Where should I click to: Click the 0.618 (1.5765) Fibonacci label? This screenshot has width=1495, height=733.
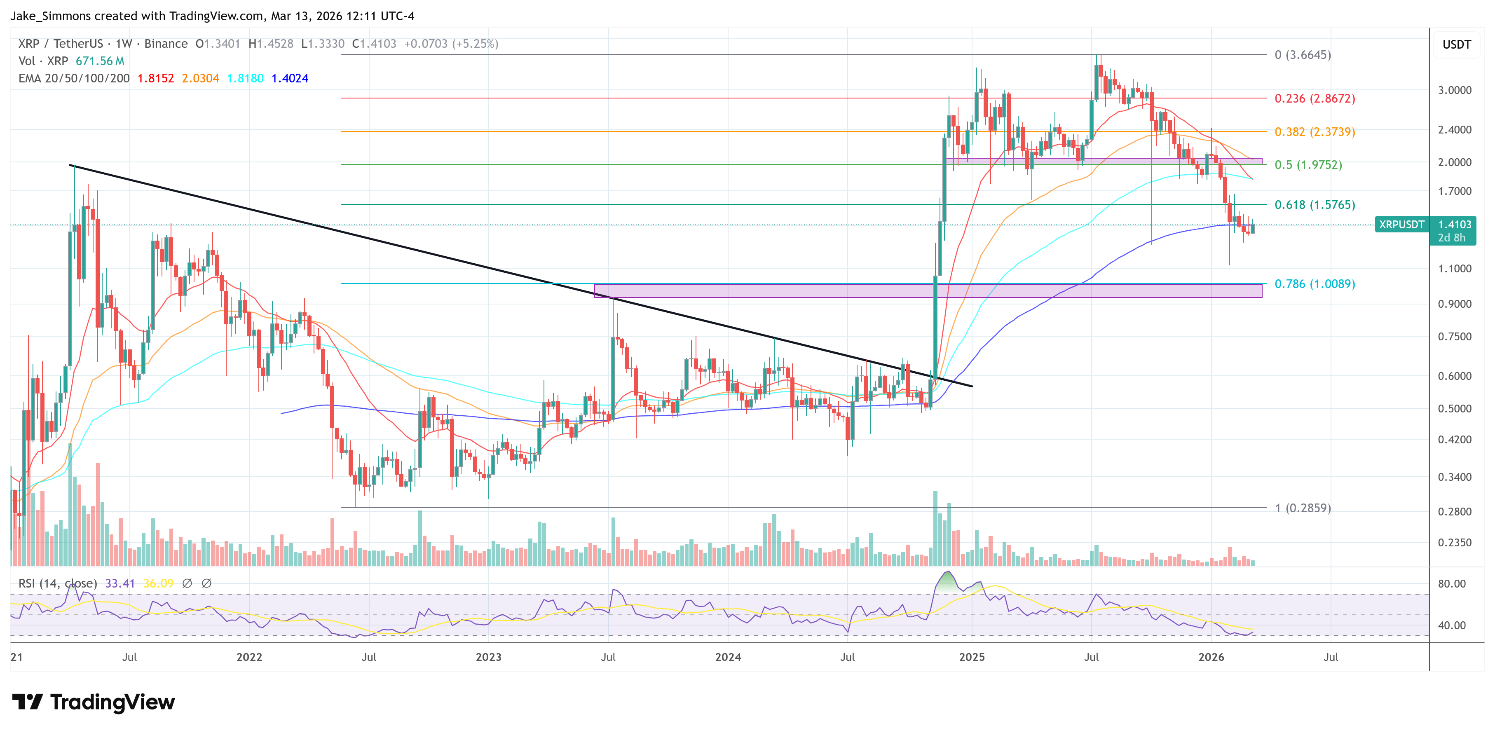click(x=1314, y=205)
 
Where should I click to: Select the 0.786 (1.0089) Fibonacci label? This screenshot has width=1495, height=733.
click(x=1314, y=284)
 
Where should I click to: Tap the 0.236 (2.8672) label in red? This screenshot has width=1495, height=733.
click(x=1314, y=98)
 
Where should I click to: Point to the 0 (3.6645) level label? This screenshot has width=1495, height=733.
click(x=1302, y=55)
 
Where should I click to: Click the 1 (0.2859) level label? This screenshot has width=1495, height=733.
click(x=1302, y=508)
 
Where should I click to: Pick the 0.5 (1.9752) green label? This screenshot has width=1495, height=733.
click(x=1308, y=165)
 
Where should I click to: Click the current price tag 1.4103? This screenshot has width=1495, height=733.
click(x=1454, y=225)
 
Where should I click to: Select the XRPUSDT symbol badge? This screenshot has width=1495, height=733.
click(x=1401, y=225)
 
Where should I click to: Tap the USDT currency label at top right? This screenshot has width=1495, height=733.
click(x=1456, y=44)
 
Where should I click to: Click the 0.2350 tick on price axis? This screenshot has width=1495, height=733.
click(x=1454, y=543)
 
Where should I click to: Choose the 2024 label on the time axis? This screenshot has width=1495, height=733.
click(x=728, y=657)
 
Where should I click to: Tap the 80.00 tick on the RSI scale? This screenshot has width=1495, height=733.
click(x=1451, y=584)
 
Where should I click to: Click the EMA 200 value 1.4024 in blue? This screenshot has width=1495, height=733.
click(x=290, y=78)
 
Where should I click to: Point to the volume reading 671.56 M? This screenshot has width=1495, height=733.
click(x=100, y=61)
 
